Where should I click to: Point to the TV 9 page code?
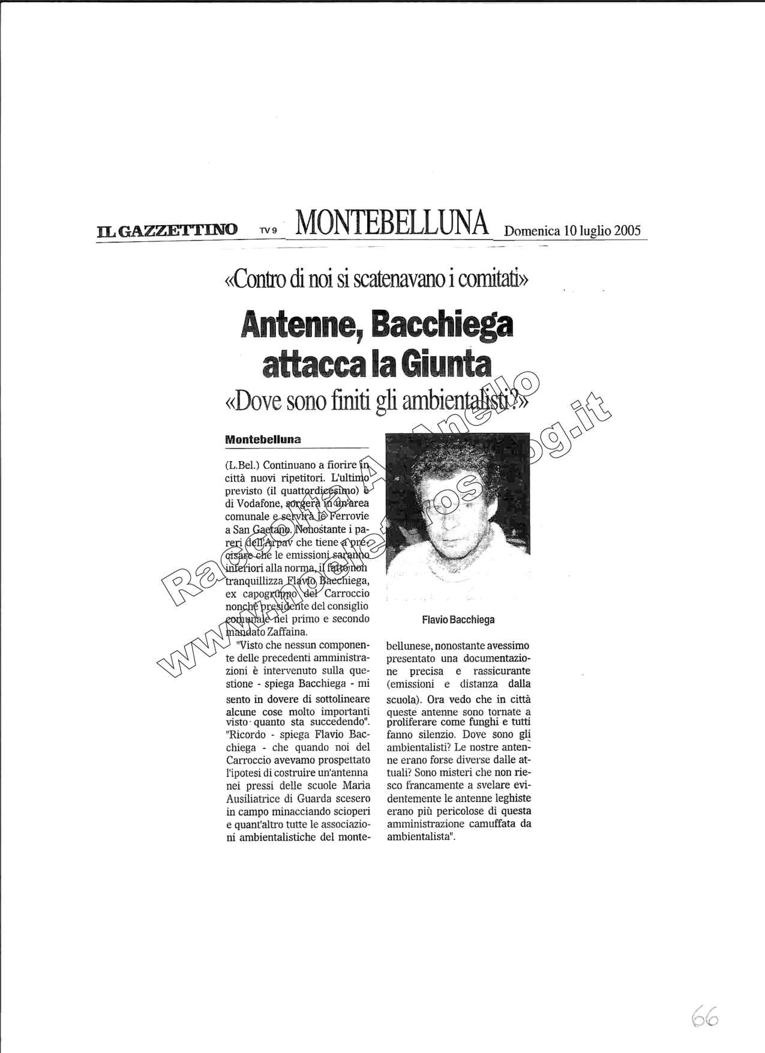coord(268,231)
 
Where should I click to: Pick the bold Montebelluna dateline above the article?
coord(263,439)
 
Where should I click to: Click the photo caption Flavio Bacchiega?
coord(458,620)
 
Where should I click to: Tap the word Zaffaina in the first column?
coord(287,632)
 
